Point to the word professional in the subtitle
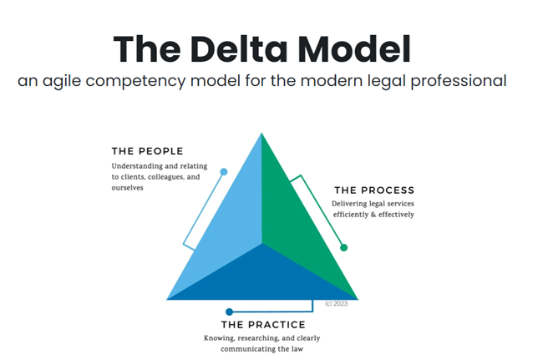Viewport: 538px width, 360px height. click(x=461, y=82)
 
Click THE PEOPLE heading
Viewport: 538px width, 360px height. click(x=148, y=151)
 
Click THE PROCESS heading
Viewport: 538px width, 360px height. click(x=373, y=190)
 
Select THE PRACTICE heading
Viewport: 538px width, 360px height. click(x=263, y=324)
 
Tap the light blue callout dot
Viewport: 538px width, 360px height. click(x=224, y=172)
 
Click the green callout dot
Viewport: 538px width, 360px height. click(x=343, y=247)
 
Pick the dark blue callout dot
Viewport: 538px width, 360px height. click(x=230, y=312)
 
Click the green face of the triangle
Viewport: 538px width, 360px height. click(x=301, y=217)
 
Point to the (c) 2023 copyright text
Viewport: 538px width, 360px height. click(x=336, y=303)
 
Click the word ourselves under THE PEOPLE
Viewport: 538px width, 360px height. click(x=128, y=188)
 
